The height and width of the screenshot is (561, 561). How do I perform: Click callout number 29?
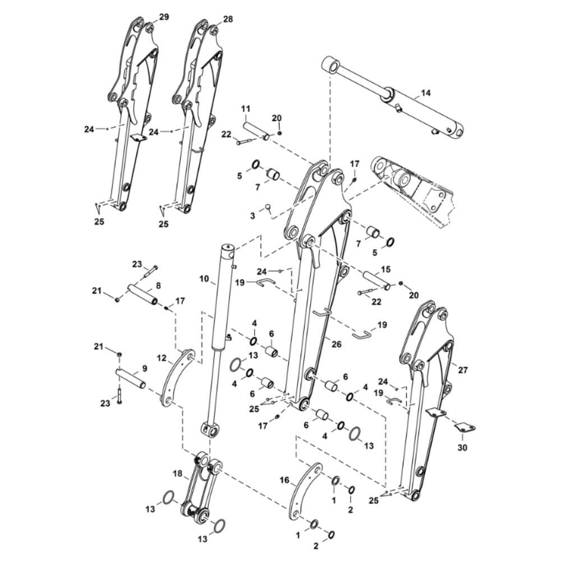click(164, 17)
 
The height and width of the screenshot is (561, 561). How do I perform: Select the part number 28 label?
click(228, 19)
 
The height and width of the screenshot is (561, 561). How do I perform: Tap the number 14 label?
click(426, 93)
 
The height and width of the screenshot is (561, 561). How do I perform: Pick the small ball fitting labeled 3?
click(268, 207)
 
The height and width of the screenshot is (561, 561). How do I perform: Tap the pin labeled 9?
click(131, 379)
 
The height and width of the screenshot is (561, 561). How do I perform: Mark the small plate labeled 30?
click(465, 428)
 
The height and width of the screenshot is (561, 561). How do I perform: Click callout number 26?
click(336, 344)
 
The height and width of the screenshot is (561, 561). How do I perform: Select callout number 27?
click(463, 370)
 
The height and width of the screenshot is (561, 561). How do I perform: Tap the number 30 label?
click(462, 447)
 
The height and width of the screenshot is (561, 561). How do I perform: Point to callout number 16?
click(284, 480)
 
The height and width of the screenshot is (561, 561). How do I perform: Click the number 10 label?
click(204, 278)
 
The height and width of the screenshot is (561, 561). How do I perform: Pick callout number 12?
click(162, 358)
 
